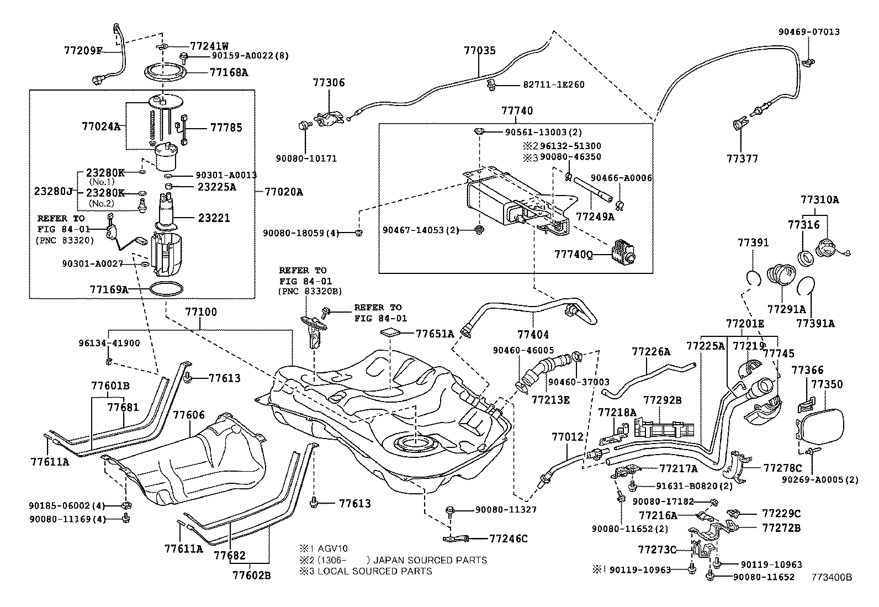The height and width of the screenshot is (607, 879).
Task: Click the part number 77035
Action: pyautogui.click(x=479, y=51)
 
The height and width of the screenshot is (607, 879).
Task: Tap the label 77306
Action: pyautogui.click(x=329, y=83)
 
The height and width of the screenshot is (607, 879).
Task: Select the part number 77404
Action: pyautogui.click(x=533, y=334)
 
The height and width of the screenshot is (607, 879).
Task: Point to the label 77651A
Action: pyautogui.click(x=435, y=334)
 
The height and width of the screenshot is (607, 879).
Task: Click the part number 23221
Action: pyautogui.click(x=214, y=218)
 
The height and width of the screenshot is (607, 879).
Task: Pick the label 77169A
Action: pyautogui.click(x=108, y=289)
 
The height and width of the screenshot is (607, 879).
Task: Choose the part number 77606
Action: pyautogui.click(x=189, y=414)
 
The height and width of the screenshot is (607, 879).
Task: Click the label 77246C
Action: pyautogui.click(x=509, y=539)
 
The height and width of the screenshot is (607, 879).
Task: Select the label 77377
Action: pyautogui.click(x=742, y=159)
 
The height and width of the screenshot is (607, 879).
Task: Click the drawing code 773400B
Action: pyautogui.click(x=832, y=577)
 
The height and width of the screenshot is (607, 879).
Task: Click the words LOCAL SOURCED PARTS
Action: pyautogui.click(x=374, y=571)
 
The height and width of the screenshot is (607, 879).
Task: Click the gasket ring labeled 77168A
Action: pyautogui.click(x=165, y=72)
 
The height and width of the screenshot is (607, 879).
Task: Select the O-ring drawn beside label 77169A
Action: pyautogui.click(x=166, y=289)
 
